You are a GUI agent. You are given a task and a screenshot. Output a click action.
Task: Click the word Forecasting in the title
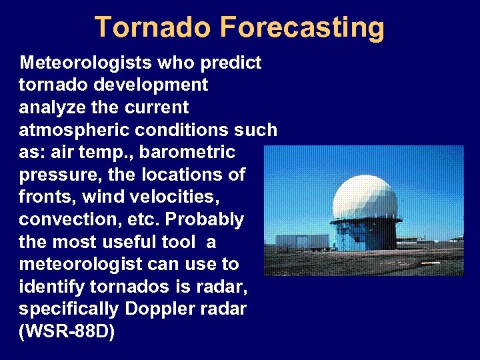[301, 28]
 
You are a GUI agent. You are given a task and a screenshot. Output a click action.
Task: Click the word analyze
[52, 107]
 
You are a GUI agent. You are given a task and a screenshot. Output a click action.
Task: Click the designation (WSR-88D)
[67, 331]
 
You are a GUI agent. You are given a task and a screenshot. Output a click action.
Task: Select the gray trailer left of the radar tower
[302, 241]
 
